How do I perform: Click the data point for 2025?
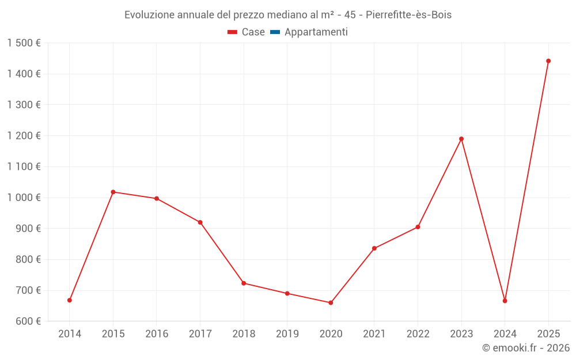coord(548,61)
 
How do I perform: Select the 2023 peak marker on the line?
coord(461,139)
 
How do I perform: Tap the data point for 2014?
coord(70,300)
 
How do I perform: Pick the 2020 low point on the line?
coord(331,303)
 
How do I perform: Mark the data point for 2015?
coord(113,192)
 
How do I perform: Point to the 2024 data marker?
coord(505,301)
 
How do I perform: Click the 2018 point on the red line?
coord(244,283)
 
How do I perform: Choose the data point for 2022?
coord(418,227)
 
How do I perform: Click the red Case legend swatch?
coord(232,32)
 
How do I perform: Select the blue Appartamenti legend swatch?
coord(275,32)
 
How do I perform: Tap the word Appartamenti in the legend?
coord(316,32)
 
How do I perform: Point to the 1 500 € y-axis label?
coord(24,43)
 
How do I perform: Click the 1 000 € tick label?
coord(24,198)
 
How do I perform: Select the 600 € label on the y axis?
coord(28,321)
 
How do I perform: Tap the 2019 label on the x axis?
coord(287,334)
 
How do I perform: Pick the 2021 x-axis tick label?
coord(374,334)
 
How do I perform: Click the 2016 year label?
coord(157,334)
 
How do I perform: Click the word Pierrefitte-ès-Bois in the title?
coord(408,15)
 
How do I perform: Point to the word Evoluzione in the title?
coord(150,15)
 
